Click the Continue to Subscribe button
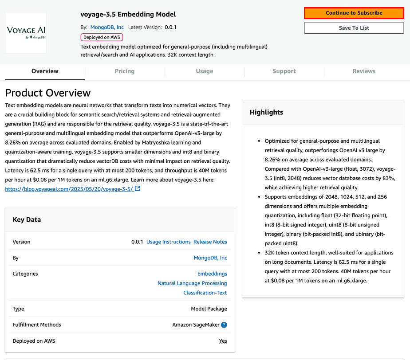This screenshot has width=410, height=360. (354, 13)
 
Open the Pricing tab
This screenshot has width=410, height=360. (125, 71)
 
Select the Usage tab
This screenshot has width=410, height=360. (205, 71)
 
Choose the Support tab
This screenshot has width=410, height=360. (284, 71)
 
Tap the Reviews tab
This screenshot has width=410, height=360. (364, 71)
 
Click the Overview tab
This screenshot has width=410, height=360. (45, 71)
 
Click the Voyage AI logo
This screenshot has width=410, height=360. (26, 32)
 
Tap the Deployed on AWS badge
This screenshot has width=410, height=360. (102, 37)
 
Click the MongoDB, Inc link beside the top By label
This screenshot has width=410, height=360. (107, 27)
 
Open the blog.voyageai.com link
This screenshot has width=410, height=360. (70, 189)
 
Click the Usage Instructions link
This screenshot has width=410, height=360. (169, 242)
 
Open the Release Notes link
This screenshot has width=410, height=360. (210, 242)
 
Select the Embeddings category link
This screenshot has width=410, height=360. (212, 274)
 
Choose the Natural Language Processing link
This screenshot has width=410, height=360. (192, 283)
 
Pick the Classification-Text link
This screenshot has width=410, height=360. (205, 293)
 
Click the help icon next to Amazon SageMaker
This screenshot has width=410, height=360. (224, 325)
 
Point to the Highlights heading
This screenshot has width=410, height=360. (266, 112)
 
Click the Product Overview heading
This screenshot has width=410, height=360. (48, 93)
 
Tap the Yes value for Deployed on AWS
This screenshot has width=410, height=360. (223, 341)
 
